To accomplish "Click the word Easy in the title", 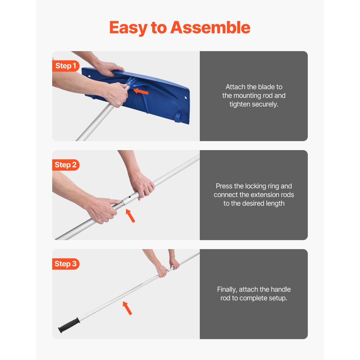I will click(x=128, y=28).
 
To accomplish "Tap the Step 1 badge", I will click(x=66, y=66).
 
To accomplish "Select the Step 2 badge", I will click(x=66, y=165).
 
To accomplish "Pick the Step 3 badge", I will click(x=66, y=264).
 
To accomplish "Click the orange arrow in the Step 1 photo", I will click(x=141, y=92).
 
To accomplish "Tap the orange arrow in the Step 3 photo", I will click(x=127, y=308).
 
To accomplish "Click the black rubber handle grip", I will click(x=68, y=325).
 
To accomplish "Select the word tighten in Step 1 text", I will click(x=242, y=104).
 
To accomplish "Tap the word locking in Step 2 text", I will click(x=256, y=186).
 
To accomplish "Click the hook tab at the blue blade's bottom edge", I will click(x=177, y=118).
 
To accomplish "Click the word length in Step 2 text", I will click(x=275, y=203).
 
